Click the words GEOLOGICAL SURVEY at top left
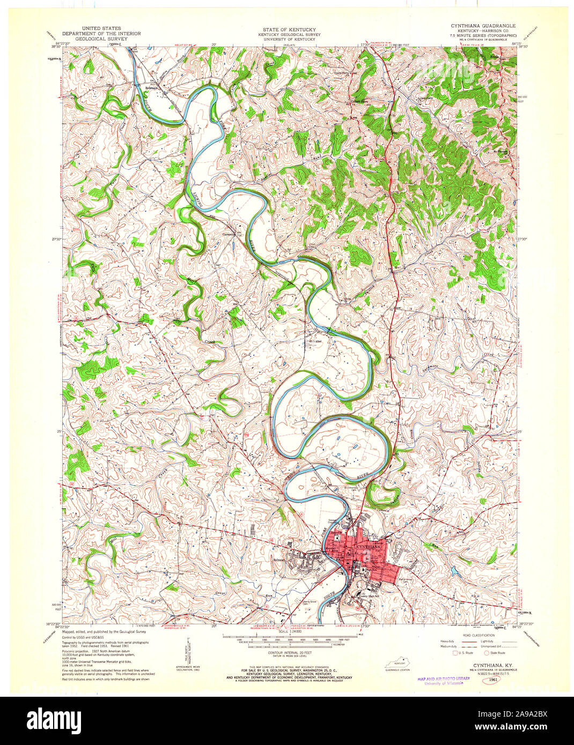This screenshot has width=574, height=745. point(101,39)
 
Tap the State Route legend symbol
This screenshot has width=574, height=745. point(487,653)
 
